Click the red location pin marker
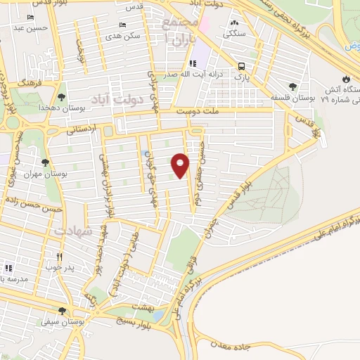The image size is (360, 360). point(181,165)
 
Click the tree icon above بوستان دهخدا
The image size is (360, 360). point(61,98)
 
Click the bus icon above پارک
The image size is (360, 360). point(242,62)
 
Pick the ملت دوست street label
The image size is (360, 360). point(198,110)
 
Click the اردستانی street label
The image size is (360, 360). point(82,130)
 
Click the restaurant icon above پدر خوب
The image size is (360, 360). point(60,257)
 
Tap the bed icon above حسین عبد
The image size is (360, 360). point(31,17)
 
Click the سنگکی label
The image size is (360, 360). point(234,33)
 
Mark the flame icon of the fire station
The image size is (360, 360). point(345,79)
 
